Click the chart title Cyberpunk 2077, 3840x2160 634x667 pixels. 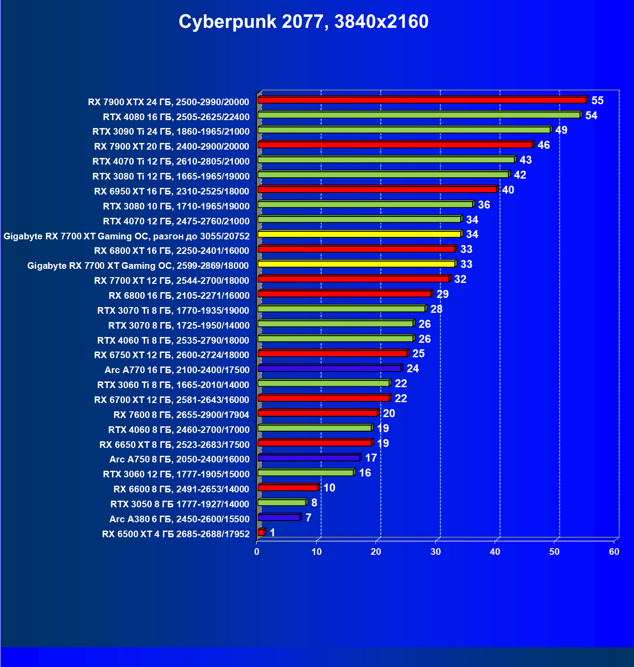(303, 22)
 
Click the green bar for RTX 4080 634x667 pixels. (419, 115)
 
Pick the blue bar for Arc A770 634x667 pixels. (329, 368)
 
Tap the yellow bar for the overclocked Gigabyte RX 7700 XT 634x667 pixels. (359, 234)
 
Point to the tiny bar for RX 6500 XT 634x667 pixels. (261, 532)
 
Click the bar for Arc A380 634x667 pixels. (279, 517)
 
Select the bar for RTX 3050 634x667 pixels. (281, 502)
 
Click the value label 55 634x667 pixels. (598, 101)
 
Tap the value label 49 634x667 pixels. (561, 130)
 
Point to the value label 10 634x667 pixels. (329, 487)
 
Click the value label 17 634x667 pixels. (371, 458)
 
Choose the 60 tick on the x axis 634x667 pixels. (614, 552)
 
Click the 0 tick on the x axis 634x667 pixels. (257, 552)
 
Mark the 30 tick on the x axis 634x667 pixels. (436, 552)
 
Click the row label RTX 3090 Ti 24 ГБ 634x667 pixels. (171, 132)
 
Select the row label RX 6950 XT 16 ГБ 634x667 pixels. (172, 191)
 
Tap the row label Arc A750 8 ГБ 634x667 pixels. (179, 459)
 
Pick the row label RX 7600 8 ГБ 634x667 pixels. (181, 415)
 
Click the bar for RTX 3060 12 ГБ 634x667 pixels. (306, 473)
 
